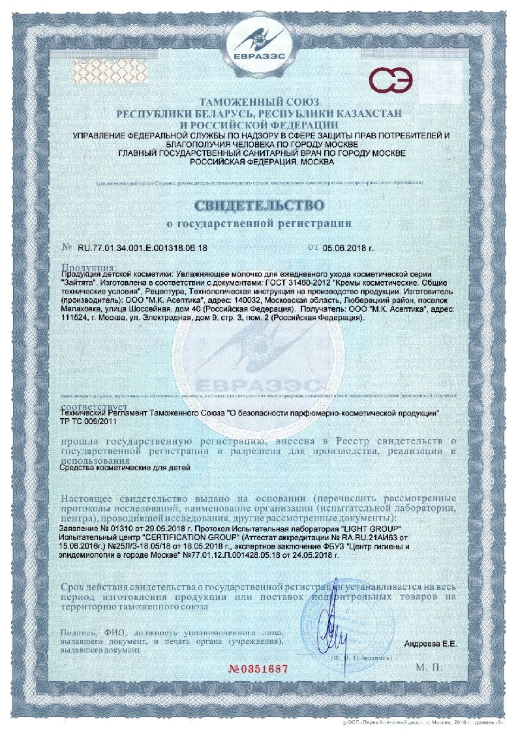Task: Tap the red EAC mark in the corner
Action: point(391,81)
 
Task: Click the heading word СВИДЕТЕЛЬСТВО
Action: point(258,205)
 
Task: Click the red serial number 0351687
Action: point(258,670)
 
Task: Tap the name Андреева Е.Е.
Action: point(431,644)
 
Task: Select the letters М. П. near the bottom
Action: point(429,667)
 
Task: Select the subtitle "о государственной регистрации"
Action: point(258,223)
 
